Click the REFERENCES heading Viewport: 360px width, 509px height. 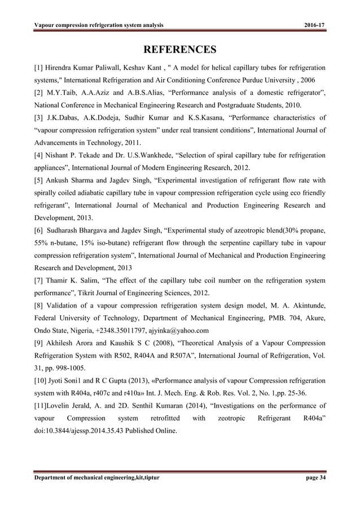tap(180, 50)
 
